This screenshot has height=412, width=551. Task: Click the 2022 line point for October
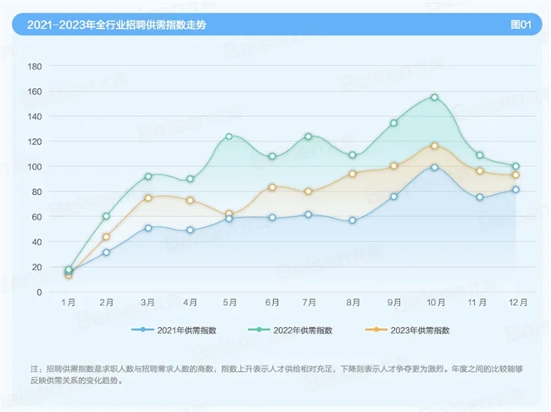point(434,97)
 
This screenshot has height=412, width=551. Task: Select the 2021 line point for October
point(434,167)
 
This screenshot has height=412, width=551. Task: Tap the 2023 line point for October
point(434,146)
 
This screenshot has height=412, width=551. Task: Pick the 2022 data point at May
point(229,136)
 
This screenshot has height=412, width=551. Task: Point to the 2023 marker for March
point(147,198)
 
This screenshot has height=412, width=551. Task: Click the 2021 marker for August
point(352,220)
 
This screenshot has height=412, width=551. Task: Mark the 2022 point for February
point(106,216)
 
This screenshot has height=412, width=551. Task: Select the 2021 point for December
point(515,190)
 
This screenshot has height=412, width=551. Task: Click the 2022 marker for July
point(309,136)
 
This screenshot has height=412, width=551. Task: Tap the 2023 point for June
point(272,187)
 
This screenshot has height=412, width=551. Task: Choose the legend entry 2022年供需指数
point(293,330)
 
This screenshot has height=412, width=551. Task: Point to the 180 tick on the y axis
point(35,66)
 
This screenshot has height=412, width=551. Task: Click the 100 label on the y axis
point(35,166)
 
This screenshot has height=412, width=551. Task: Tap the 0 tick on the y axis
point(39,292)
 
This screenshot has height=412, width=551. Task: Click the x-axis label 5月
point(229,301)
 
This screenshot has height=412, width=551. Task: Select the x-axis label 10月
point(434,301)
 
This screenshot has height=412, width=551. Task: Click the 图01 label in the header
point(520,25)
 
